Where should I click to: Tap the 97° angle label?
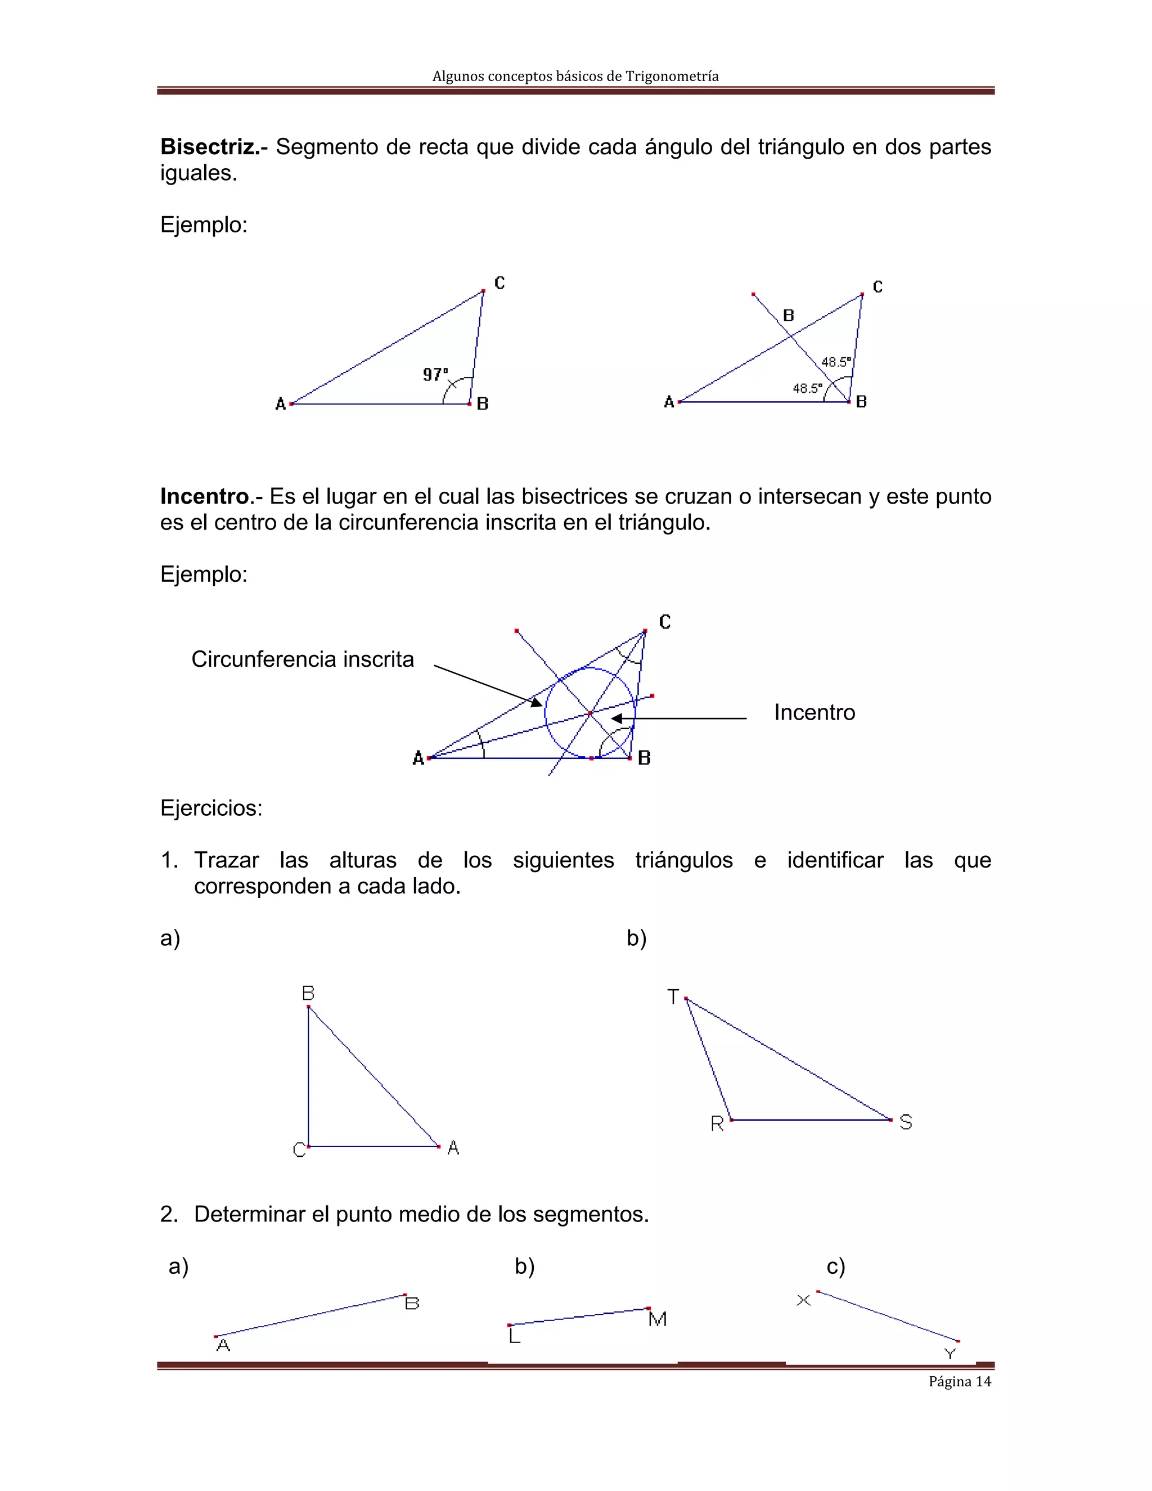pyautogui.click(x=435, y=374)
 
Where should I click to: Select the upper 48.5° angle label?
pyautogui.click(x=836, y=362)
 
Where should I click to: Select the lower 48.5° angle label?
pyautogui.click(x=807, y=388)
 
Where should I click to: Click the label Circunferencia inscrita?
pyautogui.click(x=302, y=659)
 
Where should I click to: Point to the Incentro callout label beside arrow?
pyautogui.click(x=813, y=713)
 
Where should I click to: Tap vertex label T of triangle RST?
pyautogui.click(x=673, y=998)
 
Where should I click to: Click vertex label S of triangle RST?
pyautogui.click(x=905, y=1122)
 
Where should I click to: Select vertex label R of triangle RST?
pyautogui.click(x=717, y=1124)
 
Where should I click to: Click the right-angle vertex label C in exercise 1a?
pyautogui.click(x=298, y=1149)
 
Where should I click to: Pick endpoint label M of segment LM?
pyautogui.click(x=657, y=1319)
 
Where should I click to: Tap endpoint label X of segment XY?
pyautogui.click(x=803, y=1300)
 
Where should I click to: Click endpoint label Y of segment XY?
pyautogui.click(x=949, y=1354)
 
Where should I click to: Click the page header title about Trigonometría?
pyautogui.click(x=575, y=76)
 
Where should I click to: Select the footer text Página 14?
pyautogui.click(x=959, y=1382)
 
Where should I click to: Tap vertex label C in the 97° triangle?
pyautogui.click(x=499, y=282)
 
